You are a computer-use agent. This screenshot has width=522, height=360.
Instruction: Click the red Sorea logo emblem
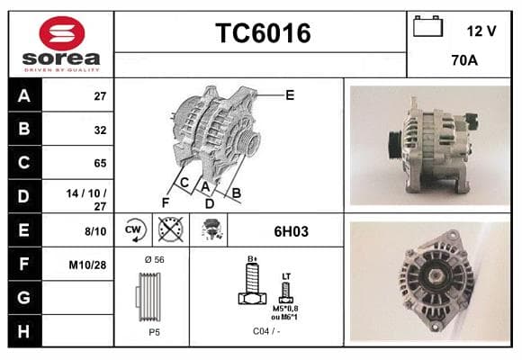click(x=62, y=33)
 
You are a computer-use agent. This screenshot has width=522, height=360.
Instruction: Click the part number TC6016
click(x=263, y=33)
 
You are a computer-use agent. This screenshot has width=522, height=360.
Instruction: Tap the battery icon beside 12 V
click(x=427, y=26)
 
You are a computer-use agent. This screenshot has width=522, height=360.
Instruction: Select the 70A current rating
click(x=464, y=60)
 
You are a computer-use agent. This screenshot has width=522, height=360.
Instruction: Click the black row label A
click(x=24, y=95)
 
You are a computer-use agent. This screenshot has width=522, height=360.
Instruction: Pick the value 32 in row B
click(x=100, y=130)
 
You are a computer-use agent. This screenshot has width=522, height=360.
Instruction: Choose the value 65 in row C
click(x=100, y=163)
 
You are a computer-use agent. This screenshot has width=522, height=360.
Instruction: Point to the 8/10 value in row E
click(x=95, y=231)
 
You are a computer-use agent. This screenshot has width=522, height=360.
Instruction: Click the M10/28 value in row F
click(x=87, y=265)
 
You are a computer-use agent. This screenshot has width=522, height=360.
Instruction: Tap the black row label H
click(x=24, y=331)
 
